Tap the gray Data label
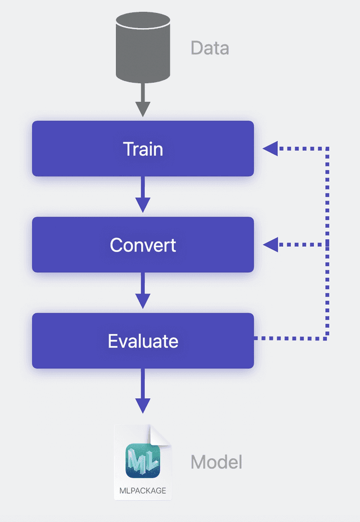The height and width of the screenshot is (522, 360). pyautogui.click(x=209, y=48)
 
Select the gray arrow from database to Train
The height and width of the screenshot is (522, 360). pyautogui.click(x=143, y=101)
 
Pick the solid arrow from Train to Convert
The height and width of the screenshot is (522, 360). pyautogui.click(x=143, y=195)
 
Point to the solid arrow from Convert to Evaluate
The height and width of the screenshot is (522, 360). pyautogui.click(x=143, y=291)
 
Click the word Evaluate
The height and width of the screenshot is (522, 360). pyautogui.click(x=143, y=341)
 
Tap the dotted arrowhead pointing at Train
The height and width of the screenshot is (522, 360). pyautogui.click(x=271, y=148)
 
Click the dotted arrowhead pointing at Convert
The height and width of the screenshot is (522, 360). pyautogui.click(x=271, y=244)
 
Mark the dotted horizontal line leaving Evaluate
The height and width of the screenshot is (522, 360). pyautogui.click(x=290, y=339)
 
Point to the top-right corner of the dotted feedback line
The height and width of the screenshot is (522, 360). pyautogui.click(x=327, y=149)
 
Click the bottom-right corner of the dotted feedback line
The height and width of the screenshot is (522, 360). pyautogui.click(x=327, y=339)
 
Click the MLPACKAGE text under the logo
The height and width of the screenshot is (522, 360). pyautogui.click(x=143, y=490)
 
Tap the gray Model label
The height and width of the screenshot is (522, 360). pyautogui.click(x=216, y=462)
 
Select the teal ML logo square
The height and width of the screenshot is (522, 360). pyautogui.click(x=143, y=461)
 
